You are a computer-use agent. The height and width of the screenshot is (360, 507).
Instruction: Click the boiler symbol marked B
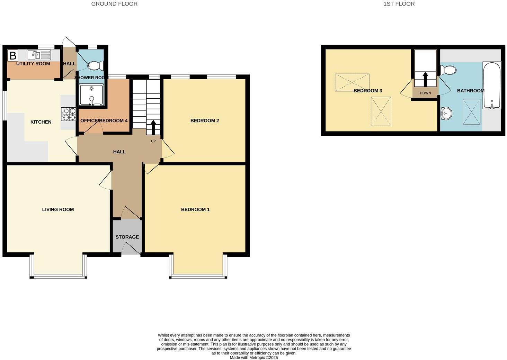point(13,56)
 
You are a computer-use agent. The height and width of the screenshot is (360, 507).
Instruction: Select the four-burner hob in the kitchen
point(69,114)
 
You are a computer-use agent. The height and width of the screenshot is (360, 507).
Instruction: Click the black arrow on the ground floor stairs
point(153,127)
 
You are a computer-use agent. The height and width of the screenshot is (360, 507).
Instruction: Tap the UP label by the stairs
point(153,141)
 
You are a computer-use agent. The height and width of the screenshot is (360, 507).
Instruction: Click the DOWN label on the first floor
point(425,93)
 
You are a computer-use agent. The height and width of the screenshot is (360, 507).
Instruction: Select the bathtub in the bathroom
point(491,85)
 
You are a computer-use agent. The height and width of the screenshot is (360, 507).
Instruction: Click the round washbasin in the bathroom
point(446,113)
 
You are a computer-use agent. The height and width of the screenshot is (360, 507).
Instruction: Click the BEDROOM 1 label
point(195,209)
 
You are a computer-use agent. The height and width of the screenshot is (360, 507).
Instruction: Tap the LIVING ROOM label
point(58,209)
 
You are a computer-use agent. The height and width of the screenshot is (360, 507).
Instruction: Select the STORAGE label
point(127,237)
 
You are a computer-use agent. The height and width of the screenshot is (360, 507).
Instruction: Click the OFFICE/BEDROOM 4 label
point(104,121)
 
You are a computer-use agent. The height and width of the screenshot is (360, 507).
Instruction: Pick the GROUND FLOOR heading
point(114,4)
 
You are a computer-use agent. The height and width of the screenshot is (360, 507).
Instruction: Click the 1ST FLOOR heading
point(399,4)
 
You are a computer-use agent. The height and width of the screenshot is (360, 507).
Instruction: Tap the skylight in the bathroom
point(471,111)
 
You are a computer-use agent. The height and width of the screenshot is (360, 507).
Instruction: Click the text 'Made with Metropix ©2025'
point(254,358)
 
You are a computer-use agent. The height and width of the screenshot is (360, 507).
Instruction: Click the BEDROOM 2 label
point(205,121)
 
